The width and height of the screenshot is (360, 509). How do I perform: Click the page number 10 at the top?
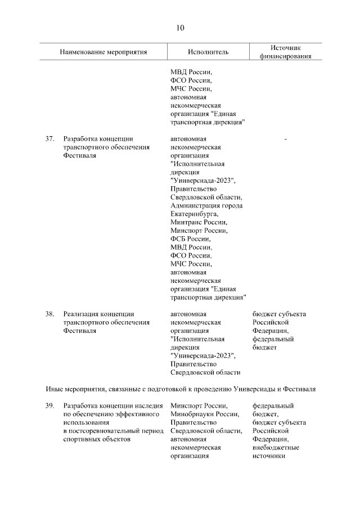[x=179, y=28]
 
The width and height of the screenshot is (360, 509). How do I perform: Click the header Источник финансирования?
[x=286, y=52]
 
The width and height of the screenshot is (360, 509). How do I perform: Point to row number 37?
[x=49, y=138]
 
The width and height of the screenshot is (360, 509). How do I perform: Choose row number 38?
[x=49, y=314]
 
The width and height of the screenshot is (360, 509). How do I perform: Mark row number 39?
[x=49, y=406]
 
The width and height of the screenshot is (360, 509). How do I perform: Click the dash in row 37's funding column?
[x=286, y=138]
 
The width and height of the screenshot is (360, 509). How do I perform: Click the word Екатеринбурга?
[x=193, y=214]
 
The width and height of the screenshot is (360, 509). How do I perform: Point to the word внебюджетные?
[x=276, y=448]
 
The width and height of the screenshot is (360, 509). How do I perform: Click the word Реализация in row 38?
[x=80, y=314]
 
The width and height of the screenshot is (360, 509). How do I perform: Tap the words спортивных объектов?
[x=96, y=439]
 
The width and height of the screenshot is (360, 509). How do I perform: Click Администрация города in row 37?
[x=206, y=205]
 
